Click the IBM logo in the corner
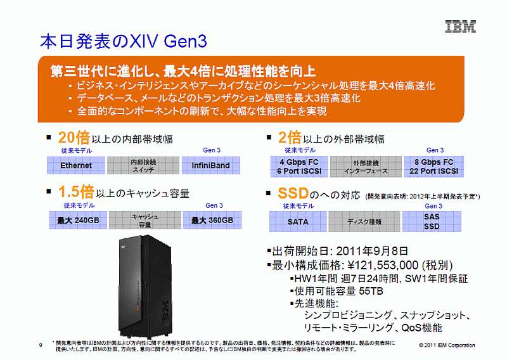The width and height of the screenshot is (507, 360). click(x=461, y=27)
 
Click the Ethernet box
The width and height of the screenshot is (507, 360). click(x=76, y=165)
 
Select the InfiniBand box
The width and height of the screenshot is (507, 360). click(x=211, y=165)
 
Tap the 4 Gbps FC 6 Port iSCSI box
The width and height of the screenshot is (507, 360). click(x=299, y=167)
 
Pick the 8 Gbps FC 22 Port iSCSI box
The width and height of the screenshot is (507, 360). click(x=434, y=167)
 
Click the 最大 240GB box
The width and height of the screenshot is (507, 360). click(x=78, y=221)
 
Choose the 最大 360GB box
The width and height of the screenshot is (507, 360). click(x=212, y=221)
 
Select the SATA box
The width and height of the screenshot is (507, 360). click(x=298, y=222)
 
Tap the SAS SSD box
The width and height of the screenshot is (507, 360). click(x=432, y=222)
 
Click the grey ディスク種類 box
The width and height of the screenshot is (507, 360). click(x=364, y=222)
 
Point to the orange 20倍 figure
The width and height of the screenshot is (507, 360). click(x=74, y=138)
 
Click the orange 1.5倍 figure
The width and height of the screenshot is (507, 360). click(x=76, y=192)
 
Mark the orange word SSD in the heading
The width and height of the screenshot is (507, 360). click(x=293, y=193)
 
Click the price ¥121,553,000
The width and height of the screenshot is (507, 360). click(x=383, y=265)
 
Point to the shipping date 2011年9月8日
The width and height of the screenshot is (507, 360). click(x=372, y=251)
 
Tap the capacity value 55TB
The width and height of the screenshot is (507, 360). click(x=371, y=291)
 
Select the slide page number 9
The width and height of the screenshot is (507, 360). click(x=41, y=345)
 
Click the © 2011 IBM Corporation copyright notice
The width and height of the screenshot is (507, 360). click(x=447, y=345)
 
